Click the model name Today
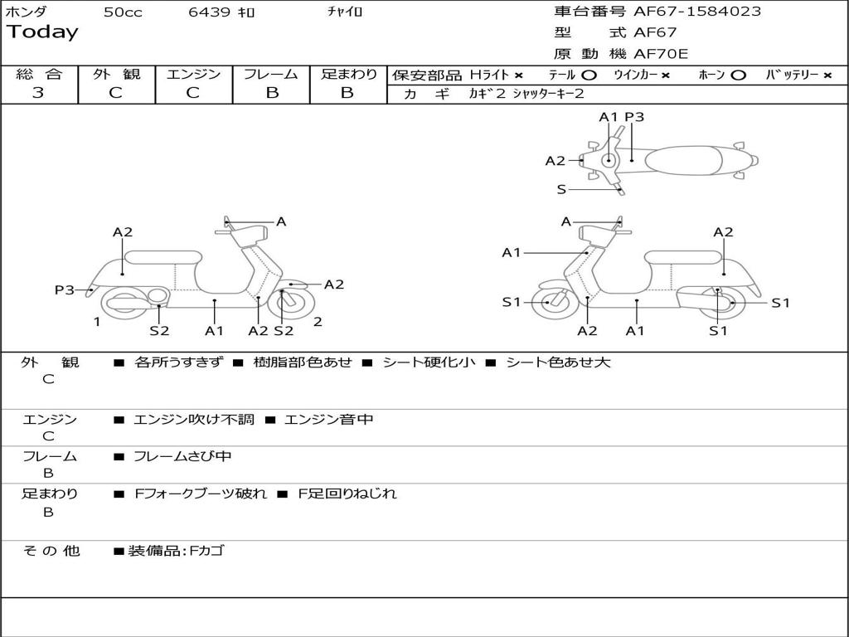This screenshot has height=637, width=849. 42,32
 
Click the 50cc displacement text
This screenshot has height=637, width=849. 123,12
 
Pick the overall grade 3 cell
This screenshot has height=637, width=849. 38,93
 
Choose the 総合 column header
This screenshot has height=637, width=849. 39,75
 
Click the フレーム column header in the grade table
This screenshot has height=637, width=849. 271,75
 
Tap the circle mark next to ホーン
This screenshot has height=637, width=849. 738,75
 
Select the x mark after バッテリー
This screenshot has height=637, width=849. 827,75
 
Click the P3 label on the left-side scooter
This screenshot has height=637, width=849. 64,289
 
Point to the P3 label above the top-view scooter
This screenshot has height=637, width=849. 634,117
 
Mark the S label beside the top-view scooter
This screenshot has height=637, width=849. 561,189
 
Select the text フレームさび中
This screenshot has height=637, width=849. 182,456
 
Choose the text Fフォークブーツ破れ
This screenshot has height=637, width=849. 201,494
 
